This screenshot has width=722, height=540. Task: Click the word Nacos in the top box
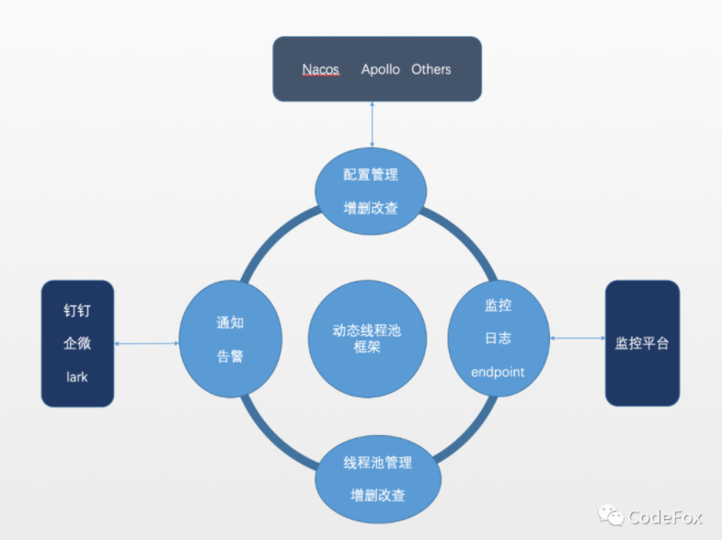tap(321, 70)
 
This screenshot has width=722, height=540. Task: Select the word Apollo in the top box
tap(380, 70)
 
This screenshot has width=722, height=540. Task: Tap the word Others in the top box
tap(431, 70)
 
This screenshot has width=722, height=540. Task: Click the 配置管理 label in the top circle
tap(371, 175)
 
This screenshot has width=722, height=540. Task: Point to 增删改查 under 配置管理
tap(371, 208)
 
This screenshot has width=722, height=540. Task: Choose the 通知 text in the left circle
tap(230, 323)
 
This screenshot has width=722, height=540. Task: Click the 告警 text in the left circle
tap(230, 356)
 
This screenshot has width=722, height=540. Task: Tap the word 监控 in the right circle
tap(498, 304)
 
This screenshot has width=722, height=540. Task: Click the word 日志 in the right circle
tap(498, 338)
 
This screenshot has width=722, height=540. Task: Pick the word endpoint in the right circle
tap(498, 372)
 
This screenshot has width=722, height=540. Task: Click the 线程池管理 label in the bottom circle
tap(377, 462)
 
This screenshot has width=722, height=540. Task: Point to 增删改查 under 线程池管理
tap(377, 495)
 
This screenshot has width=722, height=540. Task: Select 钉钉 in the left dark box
tap(77, 311)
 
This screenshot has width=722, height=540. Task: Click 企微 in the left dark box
tap(77, 344)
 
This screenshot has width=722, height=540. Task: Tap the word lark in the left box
tap(77, 377)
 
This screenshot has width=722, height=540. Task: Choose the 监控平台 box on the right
tap(642, 343)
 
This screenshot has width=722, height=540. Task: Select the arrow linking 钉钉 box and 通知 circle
tap(147, 344)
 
